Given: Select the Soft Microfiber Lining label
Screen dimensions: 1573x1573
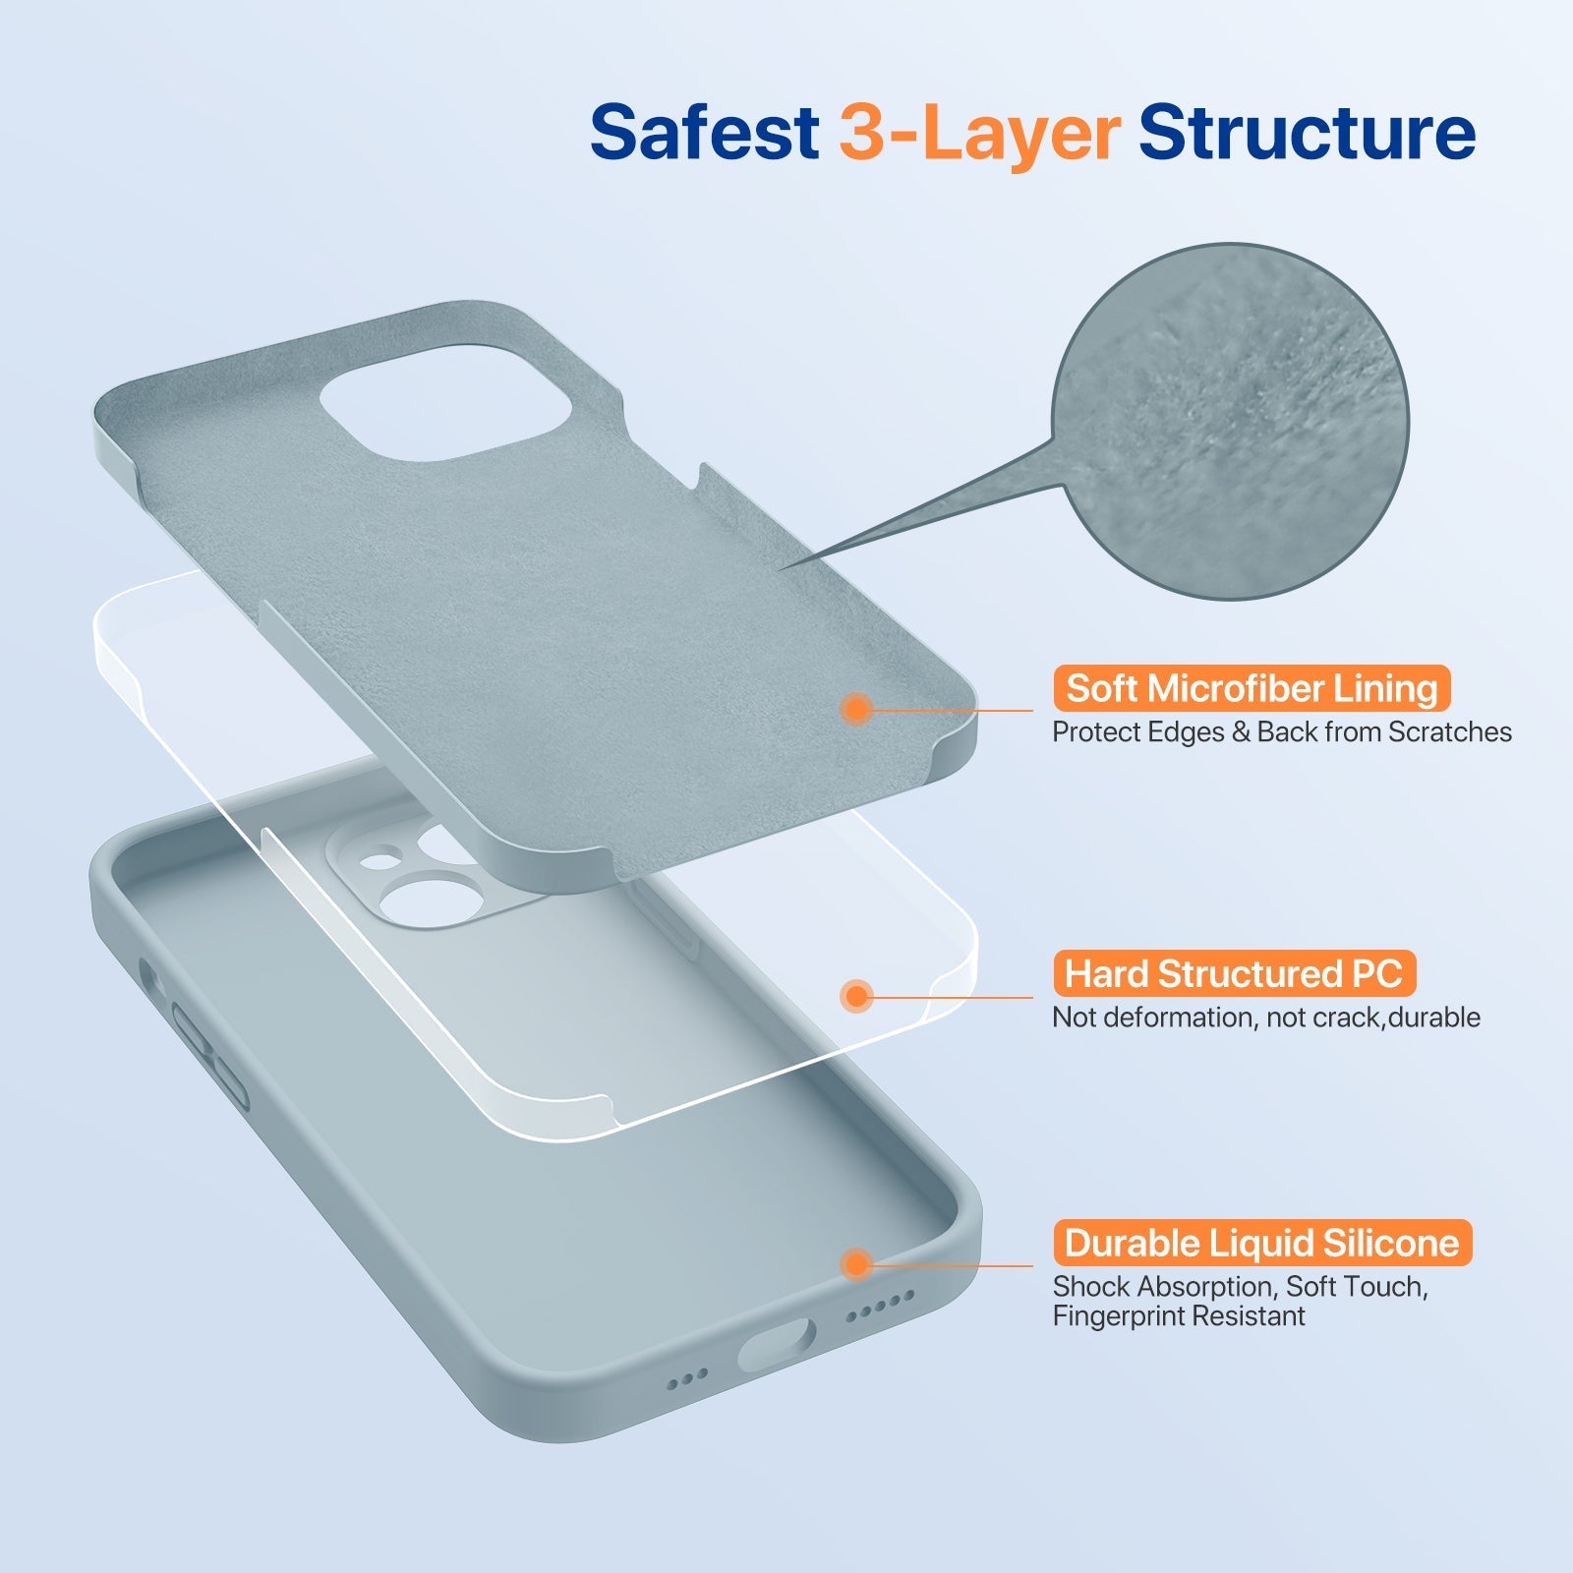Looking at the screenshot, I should [1251, 688].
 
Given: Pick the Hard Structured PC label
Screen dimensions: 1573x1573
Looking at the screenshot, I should [1233, 973].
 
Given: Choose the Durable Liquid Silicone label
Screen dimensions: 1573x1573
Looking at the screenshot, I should [1261, 1244].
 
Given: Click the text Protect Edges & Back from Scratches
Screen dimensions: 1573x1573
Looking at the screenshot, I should [1281, 732].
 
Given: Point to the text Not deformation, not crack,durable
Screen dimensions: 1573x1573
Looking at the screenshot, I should [1265, 1018].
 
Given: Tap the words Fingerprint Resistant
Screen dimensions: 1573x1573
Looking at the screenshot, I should [1178, 1316].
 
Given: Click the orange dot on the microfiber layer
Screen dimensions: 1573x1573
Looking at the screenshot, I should [857, 708].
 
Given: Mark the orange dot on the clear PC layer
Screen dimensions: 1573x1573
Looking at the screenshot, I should [857, 996].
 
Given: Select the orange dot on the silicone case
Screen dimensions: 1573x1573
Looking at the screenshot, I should [857, 1263].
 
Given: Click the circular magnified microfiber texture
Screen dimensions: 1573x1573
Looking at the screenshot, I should [1230, 421].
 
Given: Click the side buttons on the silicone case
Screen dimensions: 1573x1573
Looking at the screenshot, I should [210, 1057].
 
